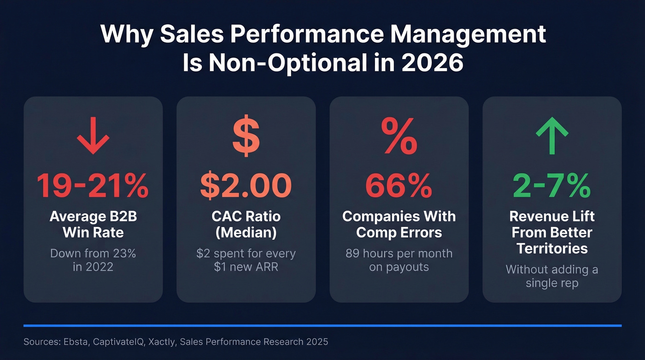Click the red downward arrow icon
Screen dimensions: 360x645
(93, 138)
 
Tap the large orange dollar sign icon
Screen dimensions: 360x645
(246, 137)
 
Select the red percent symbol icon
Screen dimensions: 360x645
(399, 137)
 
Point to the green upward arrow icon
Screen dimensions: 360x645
(552, 138)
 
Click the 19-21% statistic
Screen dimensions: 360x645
(93, 186)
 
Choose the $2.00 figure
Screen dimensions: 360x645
(246, 186)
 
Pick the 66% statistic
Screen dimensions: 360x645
(399, 186)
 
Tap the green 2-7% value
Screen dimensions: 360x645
(552, 186)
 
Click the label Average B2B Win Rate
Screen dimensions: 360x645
(93, 224)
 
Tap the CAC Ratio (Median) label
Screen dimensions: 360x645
(246, 224)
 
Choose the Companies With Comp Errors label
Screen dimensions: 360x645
(399, 224)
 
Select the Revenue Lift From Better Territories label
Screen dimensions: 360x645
(552, 232)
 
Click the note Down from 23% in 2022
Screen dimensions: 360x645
(93, 260)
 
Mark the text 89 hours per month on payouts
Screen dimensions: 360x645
(399, 260)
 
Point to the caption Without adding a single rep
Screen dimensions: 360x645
(552, 276)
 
